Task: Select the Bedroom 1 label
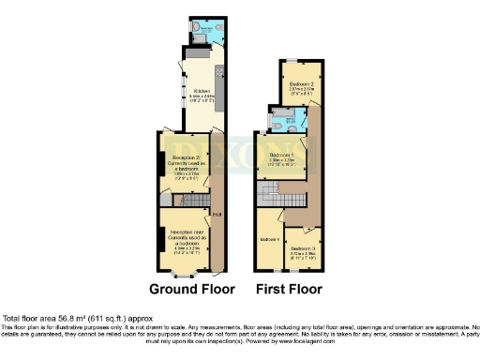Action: click(280, 154)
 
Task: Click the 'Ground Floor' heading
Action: click(192, 289)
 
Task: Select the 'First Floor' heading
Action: click(290, 289)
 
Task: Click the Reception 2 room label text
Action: click(184, 163)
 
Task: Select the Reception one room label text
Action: click(185, 242)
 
